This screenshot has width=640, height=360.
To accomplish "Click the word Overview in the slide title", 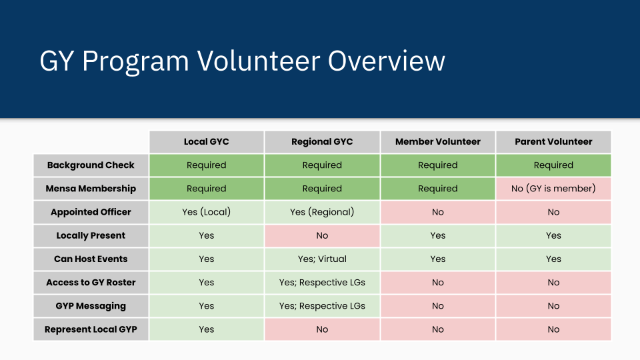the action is [x=386, y=61].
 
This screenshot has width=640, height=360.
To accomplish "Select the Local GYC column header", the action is [x=207, y=141].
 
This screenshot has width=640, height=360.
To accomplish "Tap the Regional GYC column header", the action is [x=322, y=141].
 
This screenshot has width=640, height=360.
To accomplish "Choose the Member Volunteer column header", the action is [x=438, y=141].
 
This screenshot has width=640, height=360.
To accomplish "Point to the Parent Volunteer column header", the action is [x=553, y=141].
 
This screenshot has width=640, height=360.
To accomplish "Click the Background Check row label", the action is [x=91, y=165].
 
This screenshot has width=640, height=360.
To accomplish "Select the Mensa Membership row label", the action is [x=91, y=189].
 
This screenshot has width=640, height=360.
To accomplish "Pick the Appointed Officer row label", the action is [x=91, y=212].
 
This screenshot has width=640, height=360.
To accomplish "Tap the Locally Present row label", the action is [x=91, y=235].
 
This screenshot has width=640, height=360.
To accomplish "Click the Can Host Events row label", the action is [x=91, y=259].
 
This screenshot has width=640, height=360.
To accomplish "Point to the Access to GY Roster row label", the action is [x=91, y=283].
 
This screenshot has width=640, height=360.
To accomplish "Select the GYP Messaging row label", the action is [x=91, y=306].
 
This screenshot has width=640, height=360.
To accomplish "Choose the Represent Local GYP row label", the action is [x=91, y=329].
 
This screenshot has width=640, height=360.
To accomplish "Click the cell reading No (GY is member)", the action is [x=553, y=189].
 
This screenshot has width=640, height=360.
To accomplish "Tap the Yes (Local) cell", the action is [x=207, y=212].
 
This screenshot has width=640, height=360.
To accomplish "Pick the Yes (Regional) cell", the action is [x=322, y=212].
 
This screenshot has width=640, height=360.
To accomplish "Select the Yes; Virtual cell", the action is [x=322, y=259].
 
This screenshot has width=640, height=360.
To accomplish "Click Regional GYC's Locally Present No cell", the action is [x=322, y=235].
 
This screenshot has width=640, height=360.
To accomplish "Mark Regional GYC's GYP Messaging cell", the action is [x=322, y=306].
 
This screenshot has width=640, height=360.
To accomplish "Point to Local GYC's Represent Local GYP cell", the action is [x=207, y=329].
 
